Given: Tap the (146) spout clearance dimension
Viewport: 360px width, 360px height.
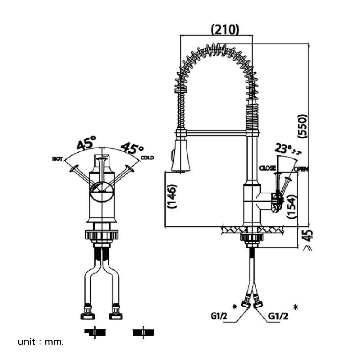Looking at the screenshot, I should click(x=172, y=197).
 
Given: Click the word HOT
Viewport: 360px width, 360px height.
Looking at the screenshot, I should click(x=57, y=159).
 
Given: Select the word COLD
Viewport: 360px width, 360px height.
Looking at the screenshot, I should click(x=147, y=158).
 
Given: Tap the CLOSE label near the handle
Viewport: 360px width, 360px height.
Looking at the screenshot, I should click(x=267, y=168).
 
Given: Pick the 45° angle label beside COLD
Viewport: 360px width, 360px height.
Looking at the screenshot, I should click(x=132, y=147).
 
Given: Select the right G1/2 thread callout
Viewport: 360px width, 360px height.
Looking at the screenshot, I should click(x=278, y=316).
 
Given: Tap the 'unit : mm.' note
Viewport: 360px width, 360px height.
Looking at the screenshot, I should click(x=41, y=342).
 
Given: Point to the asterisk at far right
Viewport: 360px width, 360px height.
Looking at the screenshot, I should click(x=296, y=307).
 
